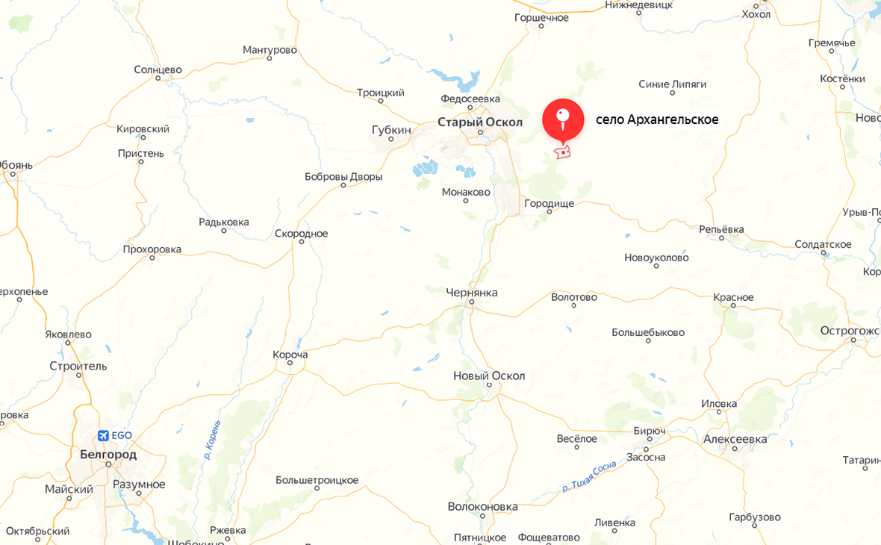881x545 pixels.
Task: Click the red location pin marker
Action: click(563, 119)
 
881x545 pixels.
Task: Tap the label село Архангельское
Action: click(657, 119)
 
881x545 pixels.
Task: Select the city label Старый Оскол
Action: click(480, 122)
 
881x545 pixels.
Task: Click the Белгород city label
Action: click(108, 454)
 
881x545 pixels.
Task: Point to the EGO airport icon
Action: click(103, 436)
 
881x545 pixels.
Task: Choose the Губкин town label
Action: click(391, 130)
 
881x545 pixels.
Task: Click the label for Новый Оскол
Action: click(489, 376)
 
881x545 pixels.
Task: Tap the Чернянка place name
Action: click(471, 293)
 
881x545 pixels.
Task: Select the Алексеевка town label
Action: click(735, 439)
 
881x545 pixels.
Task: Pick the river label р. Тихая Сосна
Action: click(590, 477)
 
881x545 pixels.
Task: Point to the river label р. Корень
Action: click(212, 439)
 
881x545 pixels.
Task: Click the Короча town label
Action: click(290, 355)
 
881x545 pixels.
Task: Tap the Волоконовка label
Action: click(482, 506)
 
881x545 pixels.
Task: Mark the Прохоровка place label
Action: click(152, 249)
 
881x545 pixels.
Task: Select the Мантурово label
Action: click(270, 50)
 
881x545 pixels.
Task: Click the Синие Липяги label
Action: click(672, 84)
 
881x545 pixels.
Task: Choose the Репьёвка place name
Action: click(721, 229)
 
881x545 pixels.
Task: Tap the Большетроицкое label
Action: click(317, 480)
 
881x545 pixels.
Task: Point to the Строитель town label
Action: click(78, 366)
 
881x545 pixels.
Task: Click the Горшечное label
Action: click(541, 17)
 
